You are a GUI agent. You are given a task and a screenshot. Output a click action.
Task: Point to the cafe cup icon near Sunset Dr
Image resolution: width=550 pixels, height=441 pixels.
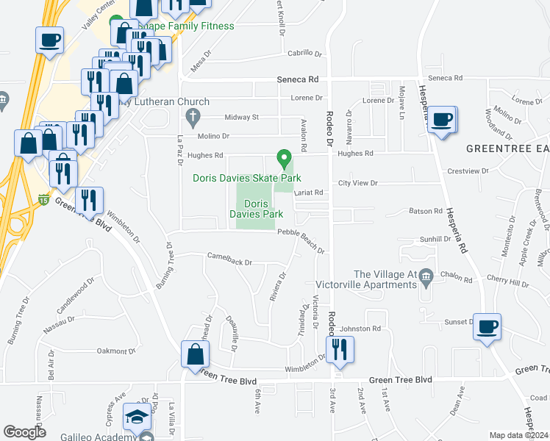coord(486,326)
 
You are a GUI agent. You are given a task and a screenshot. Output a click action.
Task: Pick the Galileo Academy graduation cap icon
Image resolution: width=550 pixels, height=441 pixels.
coord(137,417)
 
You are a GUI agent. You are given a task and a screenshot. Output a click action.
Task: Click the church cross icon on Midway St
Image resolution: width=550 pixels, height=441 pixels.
coord(193,116)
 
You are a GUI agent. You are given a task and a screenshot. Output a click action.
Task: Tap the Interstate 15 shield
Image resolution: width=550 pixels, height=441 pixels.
coord(44,198)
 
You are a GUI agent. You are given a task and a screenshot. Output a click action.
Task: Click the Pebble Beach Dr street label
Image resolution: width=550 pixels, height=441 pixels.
coord(301,232)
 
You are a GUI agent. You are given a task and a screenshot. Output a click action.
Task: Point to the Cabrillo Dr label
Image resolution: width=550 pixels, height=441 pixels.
coord(305,54)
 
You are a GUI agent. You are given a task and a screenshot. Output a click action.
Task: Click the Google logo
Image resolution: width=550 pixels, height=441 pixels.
coord(25,432)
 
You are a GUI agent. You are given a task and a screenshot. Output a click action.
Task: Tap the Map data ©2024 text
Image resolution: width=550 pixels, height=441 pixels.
coord(518,435)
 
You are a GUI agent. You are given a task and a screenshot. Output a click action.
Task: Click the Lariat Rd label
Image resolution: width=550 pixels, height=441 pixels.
coord(309,193)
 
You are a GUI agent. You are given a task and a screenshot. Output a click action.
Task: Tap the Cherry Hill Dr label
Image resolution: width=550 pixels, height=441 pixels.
coord(509,283)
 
